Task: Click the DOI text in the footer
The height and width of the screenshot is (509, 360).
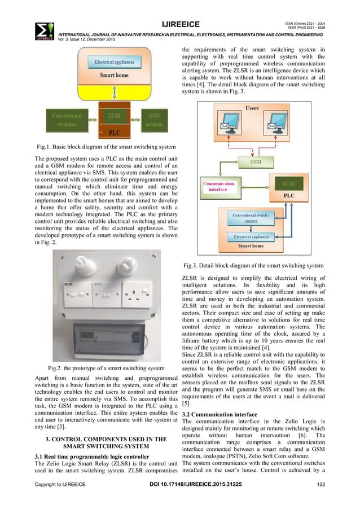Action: click(180, 499)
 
